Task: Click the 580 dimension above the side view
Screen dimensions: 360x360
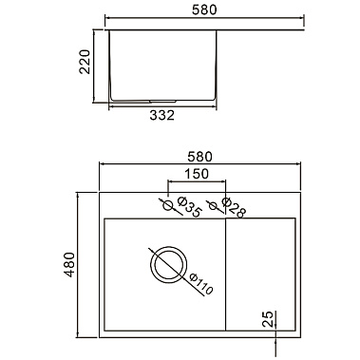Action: click(204, 9)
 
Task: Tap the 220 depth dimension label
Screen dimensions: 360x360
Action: click(85, 62)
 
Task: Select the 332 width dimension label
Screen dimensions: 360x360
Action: click(161, 115)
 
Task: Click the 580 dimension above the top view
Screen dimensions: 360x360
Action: click(199, 157)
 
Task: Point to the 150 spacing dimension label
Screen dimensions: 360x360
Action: click(197, 174)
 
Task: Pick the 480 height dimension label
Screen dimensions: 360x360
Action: click(69, 265)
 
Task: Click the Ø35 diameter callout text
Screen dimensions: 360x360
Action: click(189, 207)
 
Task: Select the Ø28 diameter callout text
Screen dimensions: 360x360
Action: click(234, 208)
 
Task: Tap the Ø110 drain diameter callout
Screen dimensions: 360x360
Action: click(200, 284)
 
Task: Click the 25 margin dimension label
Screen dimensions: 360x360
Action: click(268, 319)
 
